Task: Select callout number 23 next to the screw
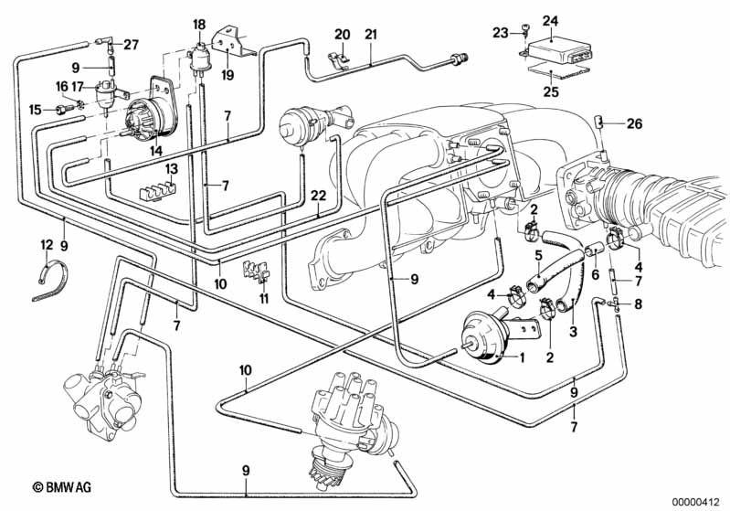[x=500, y=32]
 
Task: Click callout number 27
[x=131, y=44]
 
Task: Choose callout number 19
[x=228, y=74]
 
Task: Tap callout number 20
[x=342, y=35]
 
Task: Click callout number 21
[x=370, y=35]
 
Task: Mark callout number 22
[x=317, y=195]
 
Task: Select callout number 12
[x=46, y=244]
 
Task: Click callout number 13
[x=172, y=168]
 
